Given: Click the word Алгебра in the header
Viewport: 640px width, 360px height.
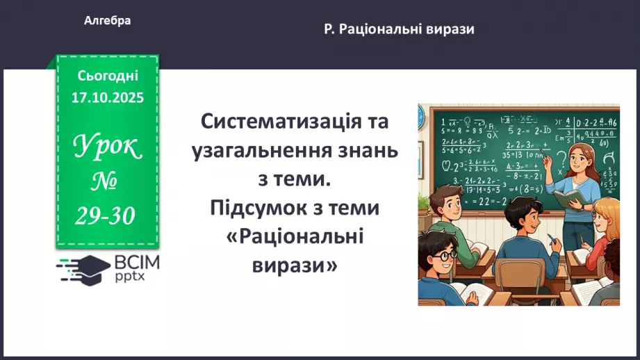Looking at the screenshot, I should [x=107, y=21].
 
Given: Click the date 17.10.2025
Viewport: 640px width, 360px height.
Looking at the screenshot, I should [x=108, y=97].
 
